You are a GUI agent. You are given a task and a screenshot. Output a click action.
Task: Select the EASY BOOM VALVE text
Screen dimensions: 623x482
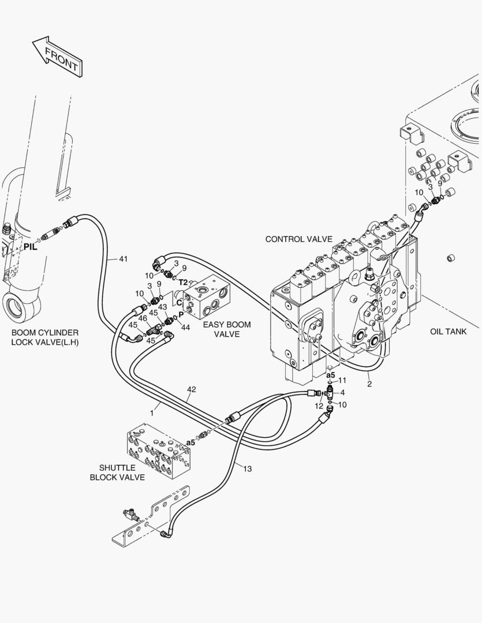click(x=227, y=329)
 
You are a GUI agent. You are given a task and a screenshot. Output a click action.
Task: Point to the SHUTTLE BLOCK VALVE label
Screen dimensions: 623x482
click(x=117, y=472)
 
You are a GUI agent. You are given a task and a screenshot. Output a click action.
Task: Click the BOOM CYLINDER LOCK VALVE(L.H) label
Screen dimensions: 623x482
click(x=45, y=337)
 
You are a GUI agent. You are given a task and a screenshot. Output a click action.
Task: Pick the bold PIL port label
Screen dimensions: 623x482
click(x=30, y=247)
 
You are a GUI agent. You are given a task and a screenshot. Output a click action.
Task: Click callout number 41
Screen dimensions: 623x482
click(x=123, y=258)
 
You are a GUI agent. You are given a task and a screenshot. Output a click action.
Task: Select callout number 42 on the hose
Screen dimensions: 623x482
click(x=192, y=390)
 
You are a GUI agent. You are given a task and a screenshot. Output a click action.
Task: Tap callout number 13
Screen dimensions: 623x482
click(x=247, y=468)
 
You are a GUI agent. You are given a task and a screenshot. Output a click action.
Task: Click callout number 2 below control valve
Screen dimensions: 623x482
click(x=369, y=384)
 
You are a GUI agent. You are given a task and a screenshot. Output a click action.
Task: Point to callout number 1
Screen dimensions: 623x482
click(x=152, y=413)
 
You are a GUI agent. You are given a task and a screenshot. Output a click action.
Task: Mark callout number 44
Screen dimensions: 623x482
click(x=185, y=328)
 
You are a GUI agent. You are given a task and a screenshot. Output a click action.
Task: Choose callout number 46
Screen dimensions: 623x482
click(x=143, y=318)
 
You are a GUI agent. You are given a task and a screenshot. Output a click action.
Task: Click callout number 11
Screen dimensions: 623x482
click(x=342, y=380)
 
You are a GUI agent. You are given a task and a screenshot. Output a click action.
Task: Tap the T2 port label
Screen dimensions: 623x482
click(x=183, y=282)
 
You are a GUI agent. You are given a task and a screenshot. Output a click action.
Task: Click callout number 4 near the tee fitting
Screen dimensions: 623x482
click(x=342, y=393)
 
